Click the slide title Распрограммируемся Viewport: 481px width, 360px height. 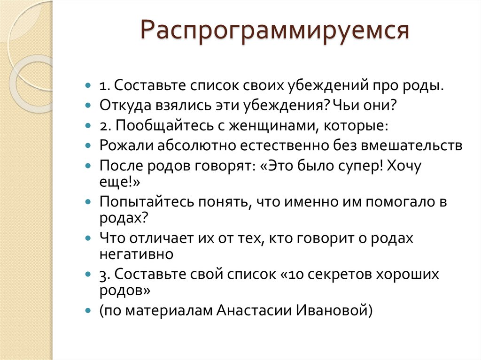coord(275,31)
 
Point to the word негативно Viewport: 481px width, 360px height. coord(136,254)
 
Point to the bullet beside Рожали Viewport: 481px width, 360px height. coord(88,146)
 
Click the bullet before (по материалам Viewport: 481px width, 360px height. coord(88,310)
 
